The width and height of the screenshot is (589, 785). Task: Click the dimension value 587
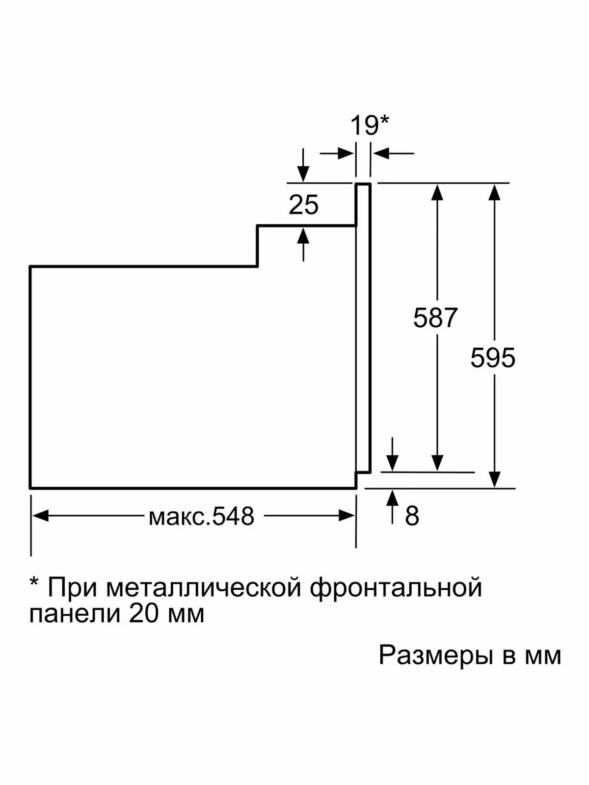pos(435,317)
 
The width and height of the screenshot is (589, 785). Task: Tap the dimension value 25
pos(303,205)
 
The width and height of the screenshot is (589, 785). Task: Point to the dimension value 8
pos(412,516)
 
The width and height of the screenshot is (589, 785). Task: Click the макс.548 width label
pos(201,516)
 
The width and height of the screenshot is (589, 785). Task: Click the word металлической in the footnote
pos(203,587)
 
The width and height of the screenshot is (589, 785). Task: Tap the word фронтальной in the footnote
pos(396,587)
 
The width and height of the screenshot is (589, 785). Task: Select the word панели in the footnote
pos(75,614)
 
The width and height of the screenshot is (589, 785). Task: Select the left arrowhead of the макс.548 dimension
pos(40,516)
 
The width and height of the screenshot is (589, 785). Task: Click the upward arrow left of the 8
pos(392,498)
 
